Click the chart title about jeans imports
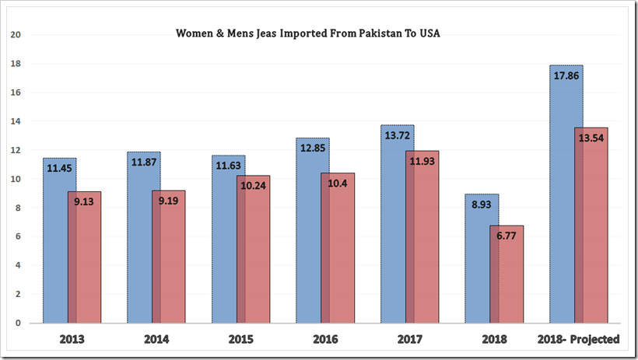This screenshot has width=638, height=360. coord(308,34)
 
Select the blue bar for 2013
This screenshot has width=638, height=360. coord(55,249)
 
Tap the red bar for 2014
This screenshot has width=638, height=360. coord(169,257)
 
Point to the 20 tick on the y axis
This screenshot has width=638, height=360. coord(16,35)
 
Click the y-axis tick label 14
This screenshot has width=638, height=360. coord(16,121)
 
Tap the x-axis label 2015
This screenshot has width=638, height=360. coord(240,339)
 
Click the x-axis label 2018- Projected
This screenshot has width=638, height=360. coord(578,339)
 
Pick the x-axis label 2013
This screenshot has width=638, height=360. coord(72,339)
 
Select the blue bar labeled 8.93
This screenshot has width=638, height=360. coord(478,264)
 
